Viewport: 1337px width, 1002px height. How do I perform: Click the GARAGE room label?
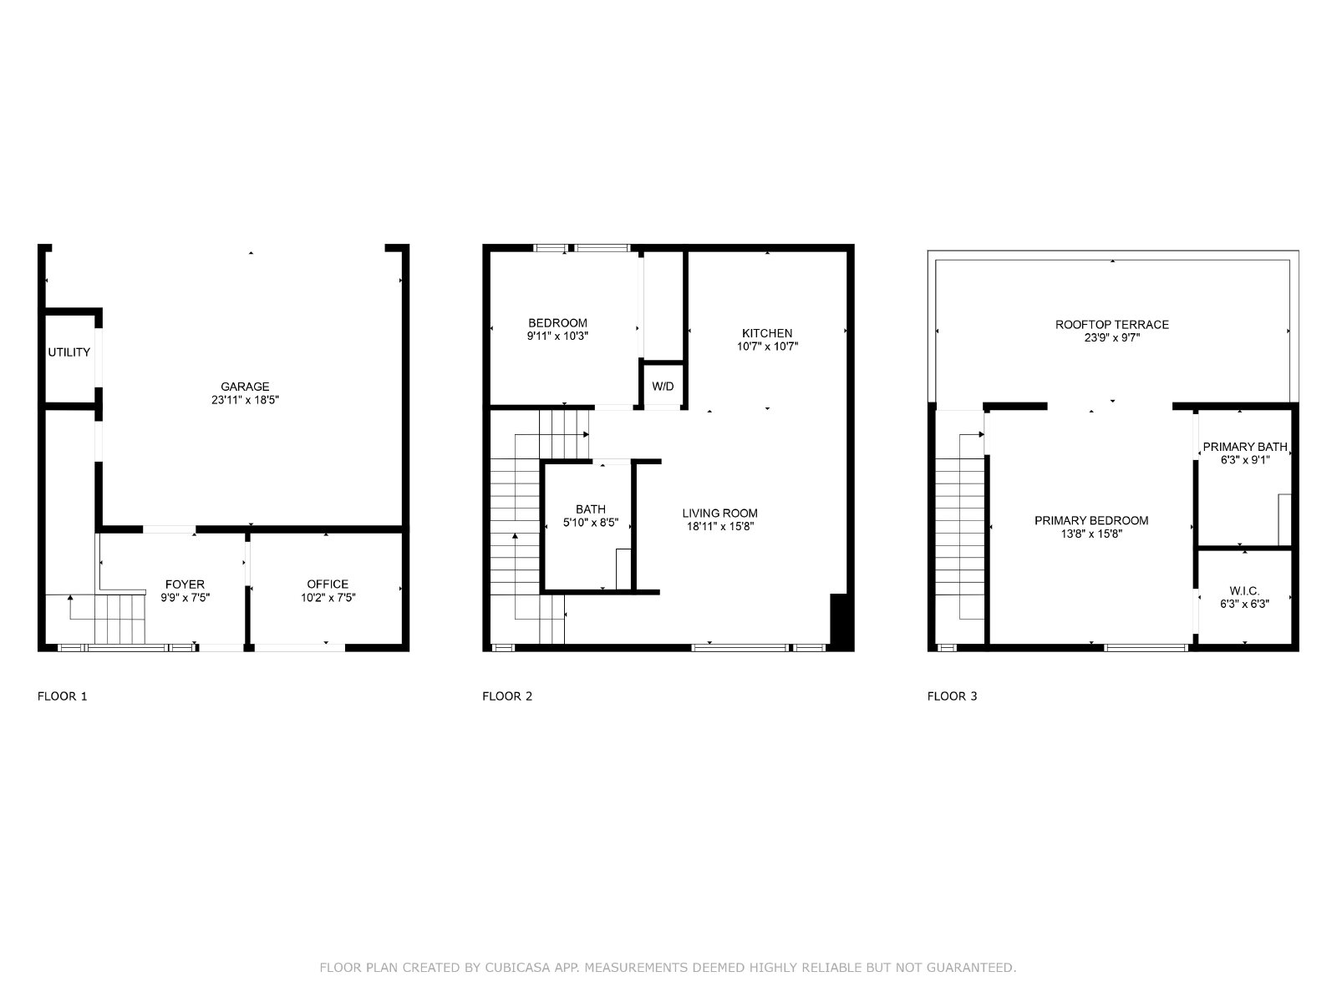tap(245, 387)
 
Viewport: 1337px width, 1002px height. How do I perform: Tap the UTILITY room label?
tap(69, 352)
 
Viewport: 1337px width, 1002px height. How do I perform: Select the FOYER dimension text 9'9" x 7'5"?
tap(186, 597)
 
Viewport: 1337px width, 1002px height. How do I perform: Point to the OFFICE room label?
tap(328, 584)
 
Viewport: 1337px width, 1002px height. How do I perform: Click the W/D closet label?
tap(663, 387)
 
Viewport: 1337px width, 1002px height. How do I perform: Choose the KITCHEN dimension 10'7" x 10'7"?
tap(767, 347)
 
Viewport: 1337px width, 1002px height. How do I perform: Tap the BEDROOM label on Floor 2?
tap(557, 323)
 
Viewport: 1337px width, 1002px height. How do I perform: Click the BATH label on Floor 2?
tap(591, 509)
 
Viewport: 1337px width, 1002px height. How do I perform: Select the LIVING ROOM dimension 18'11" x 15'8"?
tap(720, 526)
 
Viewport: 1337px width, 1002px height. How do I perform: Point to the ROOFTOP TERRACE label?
tap(1112, 325)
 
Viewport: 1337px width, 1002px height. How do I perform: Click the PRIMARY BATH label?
tap(1245, 447)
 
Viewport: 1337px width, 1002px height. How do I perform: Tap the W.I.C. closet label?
tap(1244, 590)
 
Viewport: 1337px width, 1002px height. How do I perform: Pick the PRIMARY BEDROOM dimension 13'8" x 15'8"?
tap(1091, 534)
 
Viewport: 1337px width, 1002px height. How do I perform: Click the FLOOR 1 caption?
tap(62, 696)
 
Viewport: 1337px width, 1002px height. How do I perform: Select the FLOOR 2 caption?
tap(507, 696)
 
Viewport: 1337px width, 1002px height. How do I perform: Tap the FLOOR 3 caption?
tap(952, 696)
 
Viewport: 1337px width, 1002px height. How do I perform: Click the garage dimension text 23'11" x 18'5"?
tap(245, 400)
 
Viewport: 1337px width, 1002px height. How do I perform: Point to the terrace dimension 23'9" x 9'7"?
tap(1112, 337)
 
